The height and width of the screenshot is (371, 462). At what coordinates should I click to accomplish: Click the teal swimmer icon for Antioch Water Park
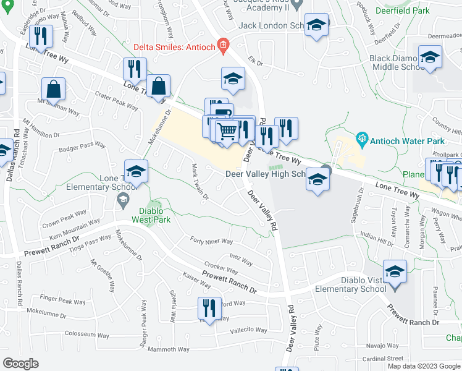tap(363, 139)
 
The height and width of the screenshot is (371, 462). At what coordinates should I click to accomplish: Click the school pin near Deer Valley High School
tap(317, 179)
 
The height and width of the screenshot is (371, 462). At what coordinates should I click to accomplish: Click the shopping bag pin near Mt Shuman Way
tap(54, 90)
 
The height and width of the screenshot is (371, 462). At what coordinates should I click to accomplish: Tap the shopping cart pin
tap(227, 132)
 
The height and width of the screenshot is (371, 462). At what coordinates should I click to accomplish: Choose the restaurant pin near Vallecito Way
tap(209, 309)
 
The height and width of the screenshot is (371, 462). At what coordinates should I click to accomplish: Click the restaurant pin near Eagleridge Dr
tap(41, 36)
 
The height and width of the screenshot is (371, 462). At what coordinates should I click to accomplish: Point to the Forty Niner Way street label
tap(211, 241)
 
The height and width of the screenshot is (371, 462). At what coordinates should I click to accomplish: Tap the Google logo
tap(21, 364)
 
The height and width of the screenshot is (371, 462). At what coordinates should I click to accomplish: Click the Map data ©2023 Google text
tap(424, 366)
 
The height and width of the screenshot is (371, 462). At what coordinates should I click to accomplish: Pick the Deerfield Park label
tap(404, 11)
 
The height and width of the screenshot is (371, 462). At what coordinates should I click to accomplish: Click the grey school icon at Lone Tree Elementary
tap(123, 199)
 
